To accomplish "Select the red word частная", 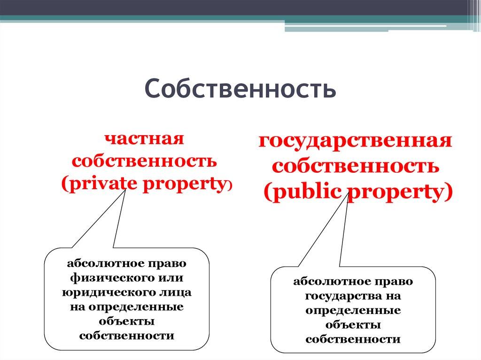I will [144, 139].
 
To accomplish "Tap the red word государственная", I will [355, 141].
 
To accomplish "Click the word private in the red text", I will [101, 184].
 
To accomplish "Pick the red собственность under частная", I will [144, 161].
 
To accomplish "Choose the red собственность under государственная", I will [356, 167].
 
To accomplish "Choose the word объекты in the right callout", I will [353, 325].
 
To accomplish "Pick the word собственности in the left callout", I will [127, 336].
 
